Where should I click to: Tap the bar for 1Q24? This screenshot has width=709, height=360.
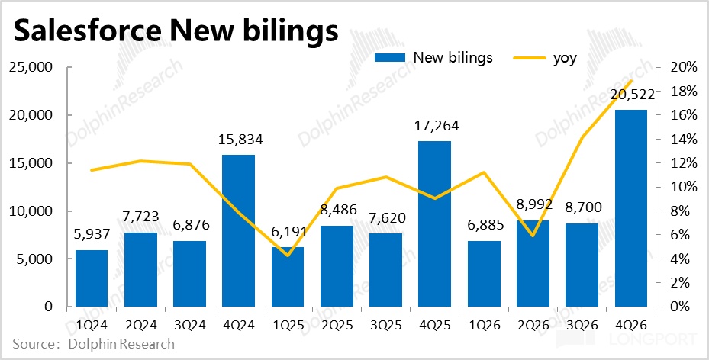click(x=91, y=278)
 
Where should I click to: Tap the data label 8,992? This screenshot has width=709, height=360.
click(x=533, y=204)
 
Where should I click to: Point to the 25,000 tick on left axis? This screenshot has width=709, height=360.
click(x=30, y=68)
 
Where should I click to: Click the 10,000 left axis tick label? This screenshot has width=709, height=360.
click(x=30, y=211)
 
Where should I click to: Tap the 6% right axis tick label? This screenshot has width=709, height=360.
click(x=682, y=235)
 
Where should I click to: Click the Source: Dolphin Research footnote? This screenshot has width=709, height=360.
click(x=93, y=344)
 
